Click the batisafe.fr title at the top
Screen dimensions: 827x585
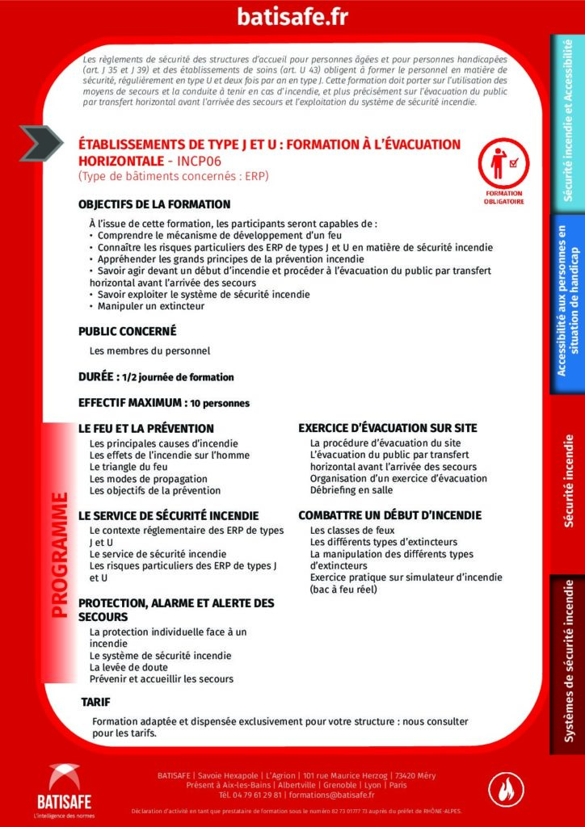tap(292, 17)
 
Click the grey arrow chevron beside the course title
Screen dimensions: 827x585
tap(41, 144)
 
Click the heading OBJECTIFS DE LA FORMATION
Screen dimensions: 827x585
tap(154, 204)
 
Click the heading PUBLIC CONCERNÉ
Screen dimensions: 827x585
tap(127, 331)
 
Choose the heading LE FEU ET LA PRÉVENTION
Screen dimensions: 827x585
tap(146, 428)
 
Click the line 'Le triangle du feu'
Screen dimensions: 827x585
tap(128, 467)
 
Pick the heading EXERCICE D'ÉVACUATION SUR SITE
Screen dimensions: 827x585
tap(387, 428)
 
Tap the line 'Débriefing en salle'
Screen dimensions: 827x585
tap(352, 490)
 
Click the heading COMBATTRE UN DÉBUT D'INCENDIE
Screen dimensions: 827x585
tap(389, 515)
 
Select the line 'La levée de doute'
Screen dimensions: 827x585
tap(129, 667)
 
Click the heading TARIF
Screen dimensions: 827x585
tap(96, 702)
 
